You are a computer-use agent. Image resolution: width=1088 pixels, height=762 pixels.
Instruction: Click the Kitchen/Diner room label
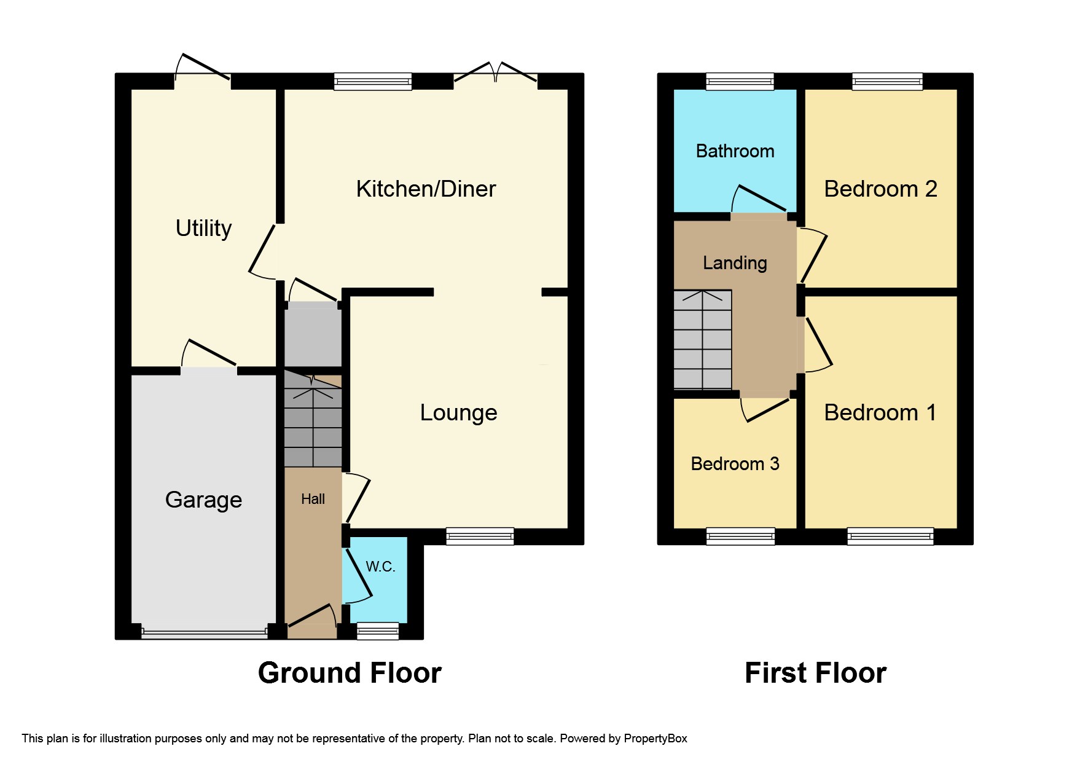pyautogui.click(x=426, y=189)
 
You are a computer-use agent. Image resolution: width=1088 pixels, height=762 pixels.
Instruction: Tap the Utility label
pyautogui.click(x=203, y=228)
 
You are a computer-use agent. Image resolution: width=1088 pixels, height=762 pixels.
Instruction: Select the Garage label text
pyautogui.click(x=203, y=500)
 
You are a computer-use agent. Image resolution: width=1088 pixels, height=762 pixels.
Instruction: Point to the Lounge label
pyautogui.click(x=458, y=412)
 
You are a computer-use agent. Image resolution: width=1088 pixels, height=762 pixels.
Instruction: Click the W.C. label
pyautogui.click(x=380, y=567)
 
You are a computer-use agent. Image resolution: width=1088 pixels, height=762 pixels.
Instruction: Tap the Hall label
pyautogui.click(x=313, y=499)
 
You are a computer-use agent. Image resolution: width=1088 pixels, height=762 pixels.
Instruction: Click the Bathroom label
pyautogui.click(x=735, y=151)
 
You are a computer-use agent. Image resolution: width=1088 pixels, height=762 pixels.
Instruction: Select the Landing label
pyautogui.click(x=735, y=263)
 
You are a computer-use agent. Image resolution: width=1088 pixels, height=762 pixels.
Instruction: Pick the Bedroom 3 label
pyautogui.click(x=735, y=463)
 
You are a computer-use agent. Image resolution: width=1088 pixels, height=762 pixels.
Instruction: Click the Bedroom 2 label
pyautogui.click(x=880, y=189)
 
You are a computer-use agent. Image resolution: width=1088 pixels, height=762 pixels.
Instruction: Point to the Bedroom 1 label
pyautogui.click(x=880, y=412)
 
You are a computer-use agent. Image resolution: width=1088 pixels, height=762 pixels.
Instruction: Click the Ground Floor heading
pyautogui.click(x=350, y=673)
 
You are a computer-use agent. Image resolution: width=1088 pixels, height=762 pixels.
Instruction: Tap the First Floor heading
pyautogui.click(x=815, y=673)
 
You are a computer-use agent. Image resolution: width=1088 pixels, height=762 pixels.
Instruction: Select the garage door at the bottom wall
pyautogui.click(x=204, y=632)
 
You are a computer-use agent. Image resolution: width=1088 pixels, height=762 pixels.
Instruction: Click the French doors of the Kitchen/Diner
pyautogui.click(x=495, y=74)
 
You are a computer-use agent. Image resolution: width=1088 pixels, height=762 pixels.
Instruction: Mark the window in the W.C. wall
pyautogui.click(x=378, y=630)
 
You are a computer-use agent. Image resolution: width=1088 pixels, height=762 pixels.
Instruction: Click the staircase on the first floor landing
pyautogui.click(x=703, y=340)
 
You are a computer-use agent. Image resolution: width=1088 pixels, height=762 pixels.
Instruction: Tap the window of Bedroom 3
pyautogui.click(x=740, y=536)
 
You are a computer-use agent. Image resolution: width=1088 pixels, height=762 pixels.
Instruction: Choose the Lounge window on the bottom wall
pyautogui.click(x=480, y=536)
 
